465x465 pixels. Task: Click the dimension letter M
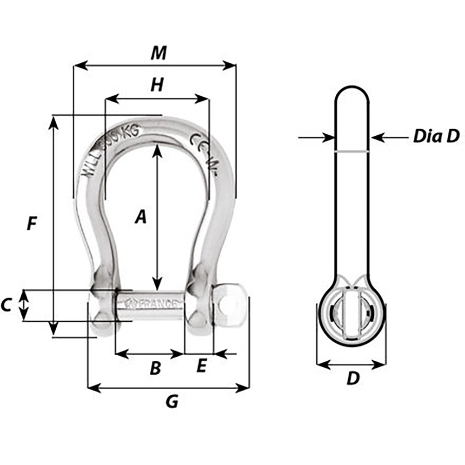[159, 53]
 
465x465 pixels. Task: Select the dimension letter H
[158, 85]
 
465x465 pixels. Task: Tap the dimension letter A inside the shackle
[140, 217]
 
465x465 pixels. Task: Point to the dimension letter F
[31, 224]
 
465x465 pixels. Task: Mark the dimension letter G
[172, 401]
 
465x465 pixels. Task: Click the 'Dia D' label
[436, 137]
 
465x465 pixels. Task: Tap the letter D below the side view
[353, 379]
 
